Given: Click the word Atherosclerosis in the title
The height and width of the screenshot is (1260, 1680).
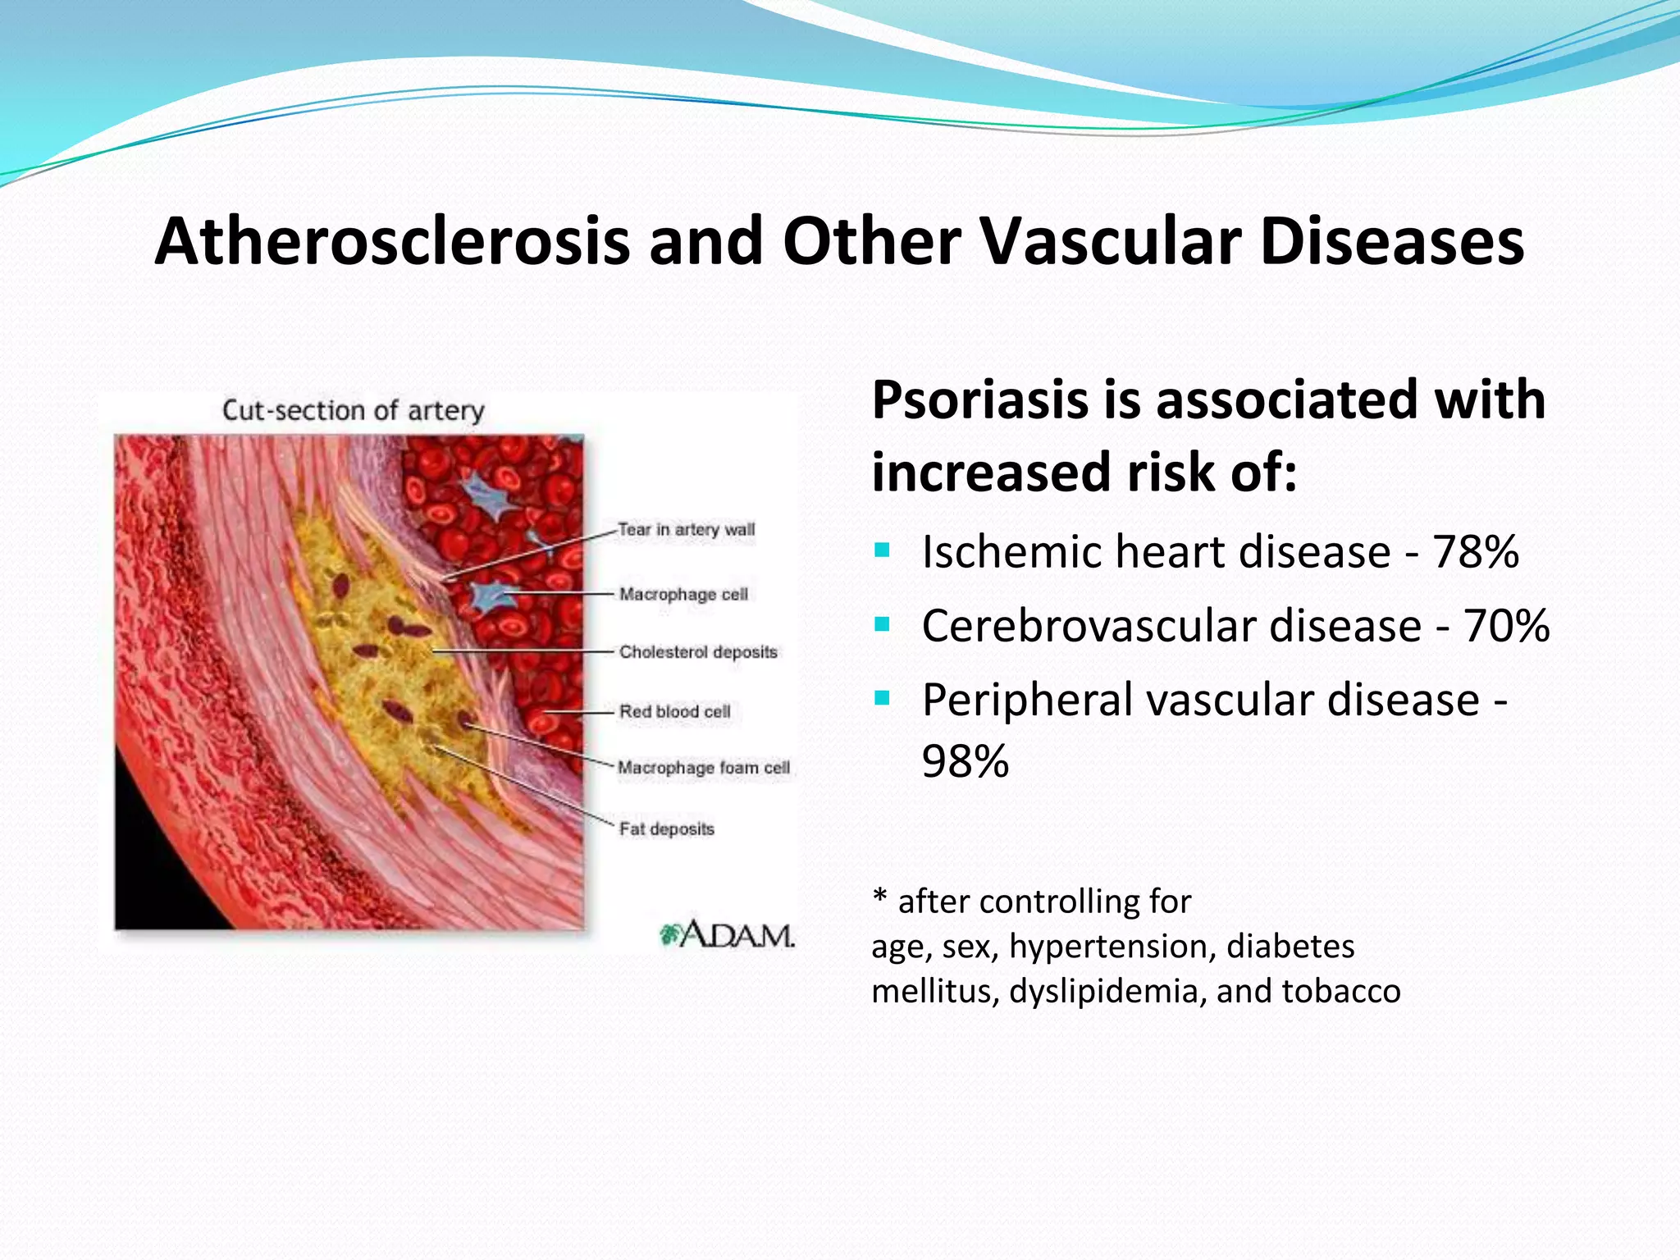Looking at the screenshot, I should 391,241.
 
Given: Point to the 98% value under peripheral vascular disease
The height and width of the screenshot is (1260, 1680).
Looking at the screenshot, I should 965,761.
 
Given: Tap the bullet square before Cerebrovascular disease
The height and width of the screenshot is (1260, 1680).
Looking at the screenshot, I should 882,624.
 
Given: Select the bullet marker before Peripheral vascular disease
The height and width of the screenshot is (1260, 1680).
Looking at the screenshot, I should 882,699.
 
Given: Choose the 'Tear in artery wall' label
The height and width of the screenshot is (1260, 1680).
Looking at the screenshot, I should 686,530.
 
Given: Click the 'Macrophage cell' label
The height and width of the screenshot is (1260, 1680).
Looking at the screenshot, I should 683,594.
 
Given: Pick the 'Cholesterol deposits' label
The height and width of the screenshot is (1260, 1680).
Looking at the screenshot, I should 698,652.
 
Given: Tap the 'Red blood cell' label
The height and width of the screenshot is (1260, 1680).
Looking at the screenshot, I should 674,711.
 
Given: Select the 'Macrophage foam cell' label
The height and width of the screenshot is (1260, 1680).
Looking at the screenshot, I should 703,768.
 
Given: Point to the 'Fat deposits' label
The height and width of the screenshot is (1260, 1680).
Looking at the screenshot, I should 666,829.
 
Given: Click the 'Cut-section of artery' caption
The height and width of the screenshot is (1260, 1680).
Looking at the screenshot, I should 354,410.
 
